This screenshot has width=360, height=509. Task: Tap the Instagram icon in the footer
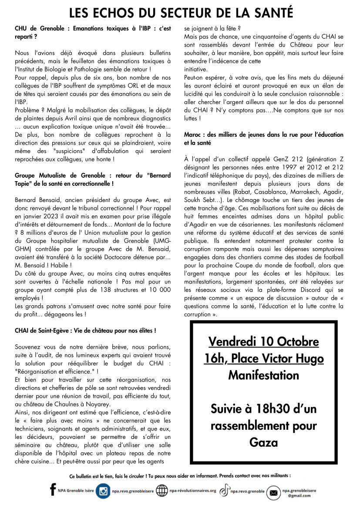click(x=103, y=491)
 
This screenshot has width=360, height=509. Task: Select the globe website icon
click(x=161, y=491)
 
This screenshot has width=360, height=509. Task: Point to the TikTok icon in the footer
click(x=224, y=491)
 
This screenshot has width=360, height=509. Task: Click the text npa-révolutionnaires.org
click(x=192, y=491)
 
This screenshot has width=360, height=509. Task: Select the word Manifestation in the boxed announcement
click(x=263, y=375)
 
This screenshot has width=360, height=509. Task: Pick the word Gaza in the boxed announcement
click(x=263, y=442)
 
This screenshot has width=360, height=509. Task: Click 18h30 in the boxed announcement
click(x=273, y=409)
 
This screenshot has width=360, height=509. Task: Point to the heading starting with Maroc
click(x=263, y=138)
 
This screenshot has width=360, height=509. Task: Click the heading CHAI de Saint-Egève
click(x=85, y=331)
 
